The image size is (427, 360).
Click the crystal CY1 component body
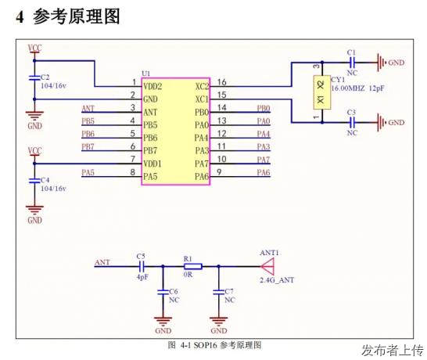322,92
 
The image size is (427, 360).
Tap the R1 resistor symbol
193,266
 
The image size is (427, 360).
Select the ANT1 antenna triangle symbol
267,266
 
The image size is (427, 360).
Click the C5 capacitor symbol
142,266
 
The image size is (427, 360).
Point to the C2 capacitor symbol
34,78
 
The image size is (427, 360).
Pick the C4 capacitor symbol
34,181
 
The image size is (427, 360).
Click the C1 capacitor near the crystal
352,63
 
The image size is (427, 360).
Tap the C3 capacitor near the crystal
352,122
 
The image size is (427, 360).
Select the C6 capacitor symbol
163,292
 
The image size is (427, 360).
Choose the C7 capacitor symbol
218,292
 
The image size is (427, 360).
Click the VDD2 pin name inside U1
152,86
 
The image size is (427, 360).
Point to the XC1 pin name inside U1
202,99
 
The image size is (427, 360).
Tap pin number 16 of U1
221,82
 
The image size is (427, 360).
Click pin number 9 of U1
219,172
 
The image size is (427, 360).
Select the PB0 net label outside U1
264,108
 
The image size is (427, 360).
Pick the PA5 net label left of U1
88,172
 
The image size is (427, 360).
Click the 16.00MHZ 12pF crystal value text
357,88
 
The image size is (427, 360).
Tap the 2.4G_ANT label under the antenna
277,280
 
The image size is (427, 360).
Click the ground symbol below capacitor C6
163,321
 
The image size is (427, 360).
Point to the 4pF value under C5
142,277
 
